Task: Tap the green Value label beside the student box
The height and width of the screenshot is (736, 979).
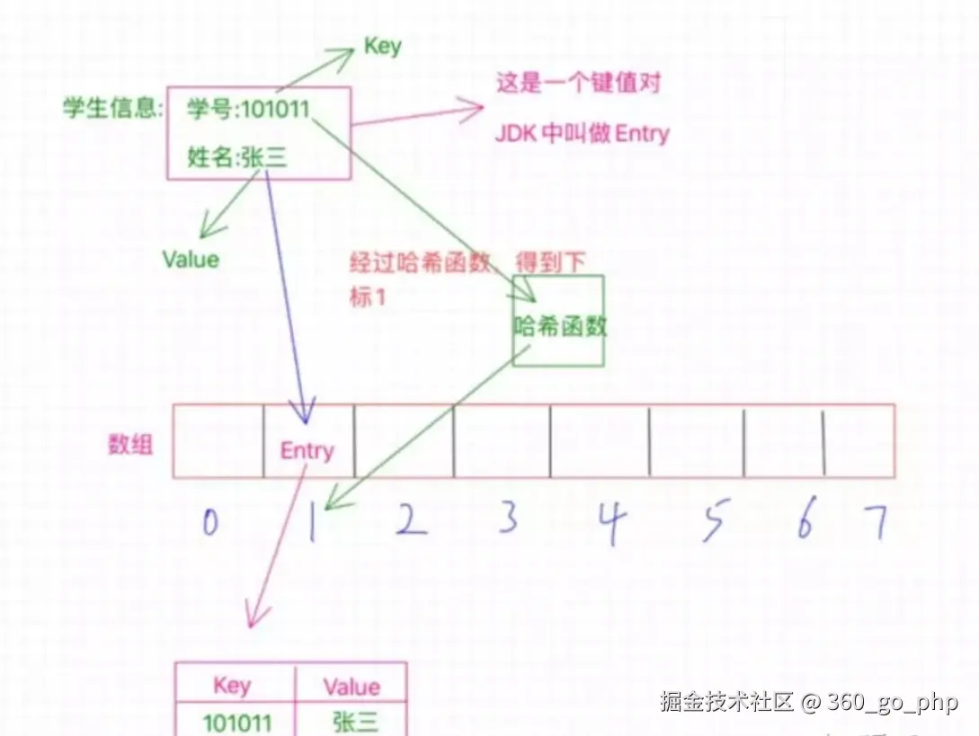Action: (x=191, y=260)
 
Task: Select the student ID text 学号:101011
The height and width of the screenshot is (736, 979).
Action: (x=248, y=111)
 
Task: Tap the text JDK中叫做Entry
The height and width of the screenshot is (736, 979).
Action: (x=583, y=134)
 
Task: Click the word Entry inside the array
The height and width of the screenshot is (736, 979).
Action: (x=307, y=451)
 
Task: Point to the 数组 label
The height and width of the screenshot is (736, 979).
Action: (x=130, y=444)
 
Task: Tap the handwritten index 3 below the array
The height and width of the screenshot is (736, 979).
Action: (x=509, y=519)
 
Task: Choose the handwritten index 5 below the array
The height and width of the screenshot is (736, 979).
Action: (x=713, y=522)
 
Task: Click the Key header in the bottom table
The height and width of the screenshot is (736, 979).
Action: (x=232, y=686)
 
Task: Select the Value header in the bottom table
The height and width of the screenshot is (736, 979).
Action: (x=352, y=687)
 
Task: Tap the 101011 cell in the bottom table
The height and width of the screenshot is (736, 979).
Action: (x=236, y=723)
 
